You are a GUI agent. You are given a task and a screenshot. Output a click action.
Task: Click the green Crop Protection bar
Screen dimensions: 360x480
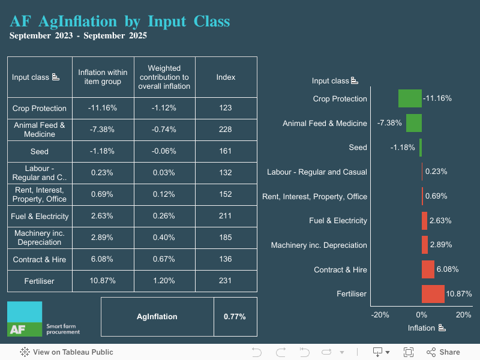(x=410, y=98)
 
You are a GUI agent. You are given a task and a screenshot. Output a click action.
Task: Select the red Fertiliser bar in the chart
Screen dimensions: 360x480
(x=433, y=294)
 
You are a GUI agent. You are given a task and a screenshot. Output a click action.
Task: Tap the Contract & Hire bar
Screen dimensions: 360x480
(x=428, y=269)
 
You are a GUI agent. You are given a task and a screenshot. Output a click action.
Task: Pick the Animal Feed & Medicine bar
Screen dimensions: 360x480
(x=414, y=123)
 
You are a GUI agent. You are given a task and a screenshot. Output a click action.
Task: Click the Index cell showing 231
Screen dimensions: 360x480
(x=226, y=281)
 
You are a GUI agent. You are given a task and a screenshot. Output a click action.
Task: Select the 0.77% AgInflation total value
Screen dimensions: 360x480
(x=235, y=317)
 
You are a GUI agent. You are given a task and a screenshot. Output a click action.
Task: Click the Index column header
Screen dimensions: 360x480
(x=226, y=77)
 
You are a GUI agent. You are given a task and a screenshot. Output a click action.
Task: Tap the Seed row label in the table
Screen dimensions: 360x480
(x=40, y=151)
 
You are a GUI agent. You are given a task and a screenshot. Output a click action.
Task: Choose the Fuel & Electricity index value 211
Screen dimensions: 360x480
(x=226, y=216)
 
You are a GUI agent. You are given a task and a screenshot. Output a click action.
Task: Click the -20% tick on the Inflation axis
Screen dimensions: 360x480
(x=380, y=315)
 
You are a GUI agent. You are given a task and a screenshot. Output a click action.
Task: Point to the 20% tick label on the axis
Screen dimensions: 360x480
(x=463, y=315)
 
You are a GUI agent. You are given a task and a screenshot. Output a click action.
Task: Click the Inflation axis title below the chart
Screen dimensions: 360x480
(x=422, y=328)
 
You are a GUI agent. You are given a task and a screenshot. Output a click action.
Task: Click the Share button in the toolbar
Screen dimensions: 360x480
(x=443, y=352)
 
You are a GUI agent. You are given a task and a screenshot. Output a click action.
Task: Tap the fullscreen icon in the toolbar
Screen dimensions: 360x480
(x=409, y=352)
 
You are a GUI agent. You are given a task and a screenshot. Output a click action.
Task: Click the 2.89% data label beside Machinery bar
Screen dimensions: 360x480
(x=441, y=245)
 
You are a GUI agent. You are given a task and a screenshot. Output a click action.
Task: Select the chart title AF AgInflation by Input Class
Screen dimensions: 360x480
(x=120, y=22)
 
